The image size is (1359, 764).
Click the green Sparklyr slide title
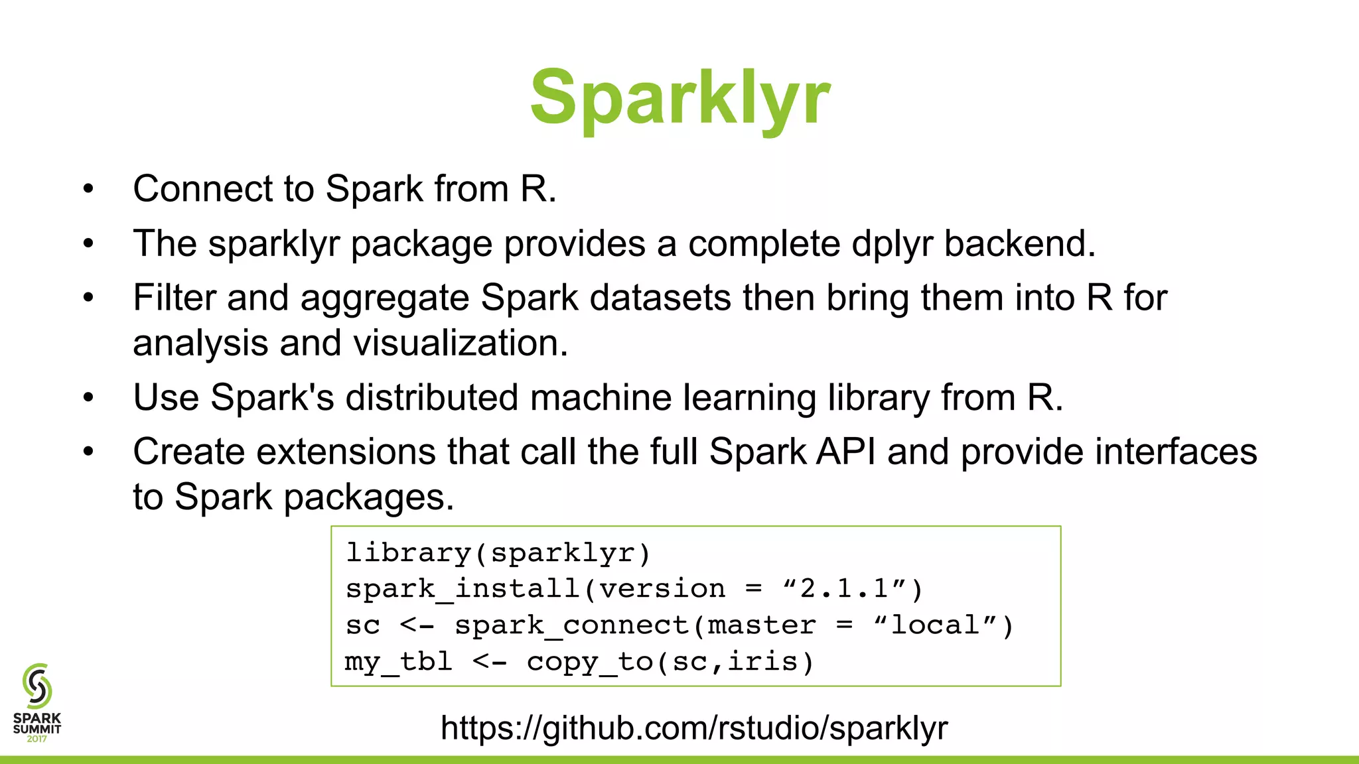(679, 98)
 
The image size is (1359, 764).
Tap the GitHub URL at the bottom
(694, 728)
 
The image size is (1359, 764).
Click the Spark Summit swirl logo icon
(37, 686)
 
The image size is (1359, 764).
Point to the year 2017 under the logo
(37, 739)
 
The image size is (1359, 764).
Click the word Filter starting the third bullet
(174, 297)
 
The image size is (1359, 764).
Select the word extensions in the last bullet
(346, 452)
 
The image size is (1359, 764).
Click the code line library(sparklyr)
(498, 553)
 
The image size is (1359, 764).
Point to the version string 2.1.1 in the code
(844, 589)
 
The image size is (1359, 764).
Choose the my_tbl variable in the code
(398, 662)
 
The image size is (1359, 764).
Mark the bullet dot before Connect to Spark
(89, 190)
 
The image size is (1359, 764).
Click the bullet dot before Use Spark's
(89, 399)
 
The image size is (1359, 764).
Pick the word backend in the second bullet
(1019, 244)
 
